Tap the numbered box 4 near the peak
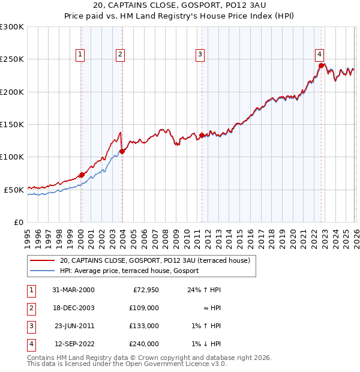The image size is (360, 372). click(320, 53)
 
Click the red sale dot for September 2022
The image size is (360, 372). click(321, 66)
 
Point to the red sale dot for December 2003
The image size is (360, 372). click(122, 151)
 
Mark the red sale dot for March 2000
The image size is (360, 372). click(82, 175)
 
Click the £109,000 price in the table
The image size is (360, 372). click(145, 308)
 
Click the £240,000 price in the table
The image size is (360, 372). click(145, 344)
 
